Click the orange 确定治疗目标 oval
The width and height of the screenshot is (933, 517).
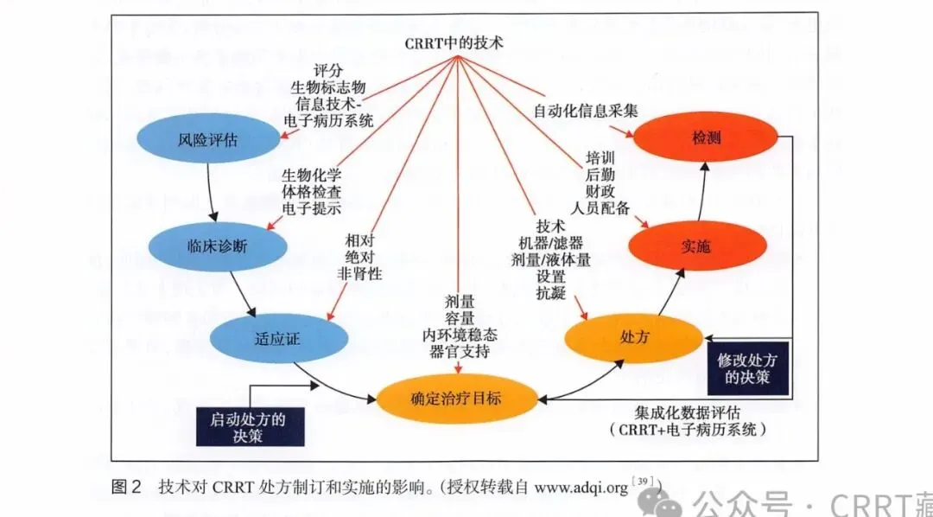pos(455,399)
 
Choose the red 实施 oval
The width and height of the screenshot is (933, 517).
pos(697,246)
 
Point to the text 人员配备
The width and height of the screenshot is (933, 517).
pos(601,208)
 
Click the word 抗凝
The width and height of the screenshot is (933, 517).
pos(551,295)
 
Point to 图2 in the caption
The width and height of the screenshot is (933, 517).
pos(127,488)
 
